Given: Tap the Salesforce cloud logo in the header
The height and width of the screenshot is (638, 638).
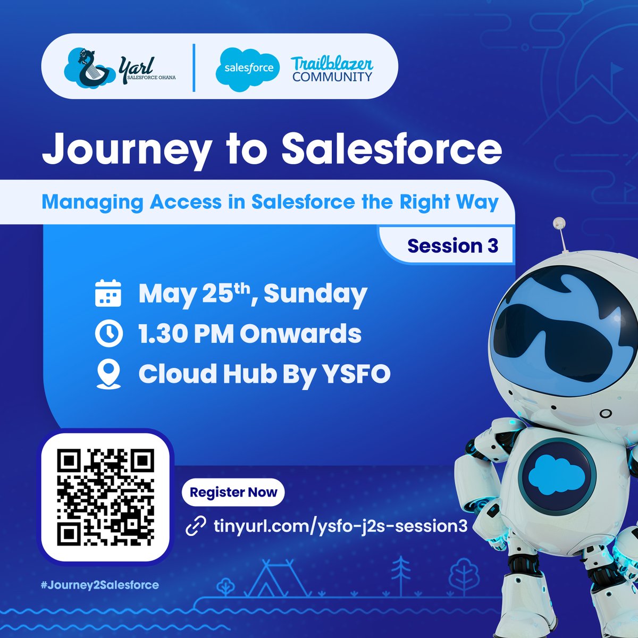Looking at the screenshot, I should [248, 68].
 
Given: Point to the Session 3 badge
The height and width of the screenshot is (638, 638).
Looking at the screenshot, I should [452, 246].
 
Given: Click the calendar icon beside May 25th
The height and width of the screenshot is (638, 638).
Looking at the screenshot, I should [108, 294].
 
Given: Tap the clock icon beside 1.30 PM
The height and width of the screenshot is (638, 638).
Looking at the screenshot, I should [108, 334].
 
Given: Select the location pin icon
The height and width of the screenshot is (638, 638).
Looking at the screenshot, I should [108, 374].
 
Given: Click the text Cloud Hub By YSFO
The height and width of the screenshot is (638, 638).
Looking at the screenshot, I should [264, 374].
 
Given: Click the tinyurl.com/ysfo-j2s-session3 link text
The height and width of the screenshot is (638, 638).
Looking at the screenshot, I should [340, 526].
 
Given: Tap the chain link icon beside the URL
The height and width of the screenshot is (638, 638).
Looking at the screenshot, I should [196, 527].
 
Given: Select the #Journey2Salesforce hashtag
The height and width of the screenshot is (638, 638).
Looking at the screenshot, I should [100, 585].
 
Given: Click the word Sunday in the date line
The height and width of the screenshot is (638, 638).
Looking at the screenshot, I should [315, 294].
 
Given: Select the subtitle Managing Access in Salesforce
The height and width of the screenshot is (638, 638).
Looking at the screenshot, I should [270, 203].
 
